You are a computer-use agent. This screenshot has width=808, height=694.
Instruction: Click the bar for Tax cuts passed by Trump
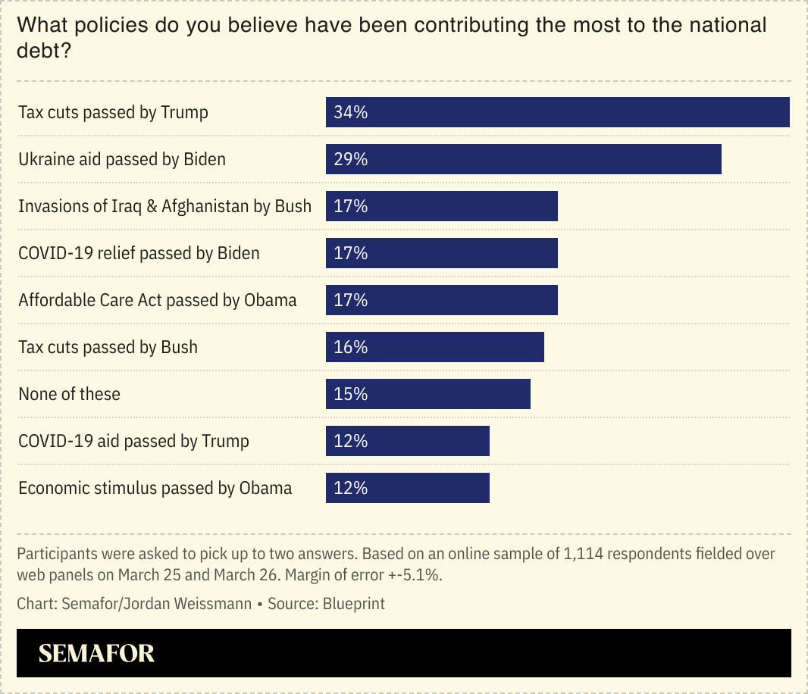point(558,112)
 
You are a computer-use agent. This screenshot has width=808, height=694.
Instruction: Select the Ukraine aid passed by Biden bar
point(523,159)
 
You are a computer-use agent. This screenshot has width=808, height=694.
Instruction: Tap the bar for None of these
point(427,394)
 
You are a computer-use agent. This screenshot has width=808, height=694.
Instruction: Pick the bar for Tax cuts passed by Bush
point(434,347)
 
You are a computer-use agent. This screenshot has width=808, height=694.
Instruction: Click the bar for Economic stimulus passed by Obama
point(407,488)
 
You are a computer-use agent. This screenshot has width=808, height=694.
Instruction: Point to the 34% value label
point(351,112)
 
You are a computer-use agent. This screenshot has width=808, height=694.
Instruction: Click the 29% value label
point(351,159)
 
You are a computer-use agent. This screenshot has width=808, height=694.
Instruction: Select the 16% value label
point(351,347)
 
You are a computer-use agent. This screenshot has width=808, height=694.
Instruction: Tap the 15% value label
point(351,394)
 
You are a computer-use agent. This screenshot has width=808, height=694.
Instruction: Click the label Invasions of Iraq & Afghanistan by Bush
point(164,206)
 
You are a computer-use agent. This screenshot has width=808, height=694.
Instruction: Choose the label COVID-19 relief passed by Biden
point(139,253)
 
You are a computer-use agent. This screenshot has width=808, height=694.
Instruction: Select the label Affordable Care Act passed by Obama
point(158,300)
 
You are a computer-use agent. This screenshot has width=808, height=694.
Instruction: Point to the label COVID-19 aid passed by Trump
point(133,441)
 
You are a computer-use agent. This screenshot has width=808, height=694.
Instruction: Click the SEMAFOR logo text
point(96,653)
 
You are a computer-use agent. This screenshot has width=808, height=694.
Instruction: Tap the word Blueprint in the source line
point(354,604)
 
